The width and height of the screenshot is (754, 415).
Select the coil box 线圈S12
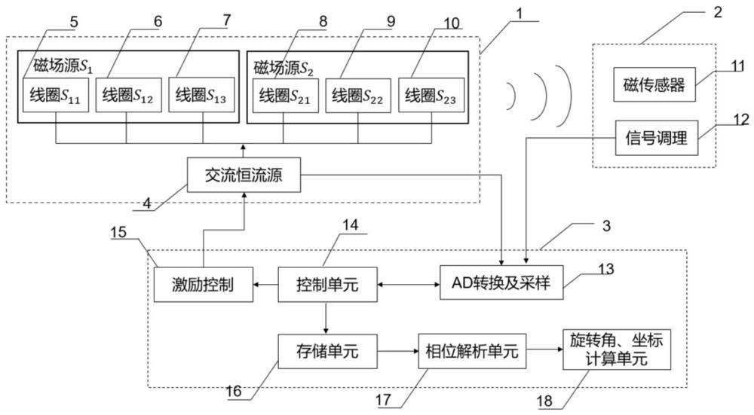point(127,96)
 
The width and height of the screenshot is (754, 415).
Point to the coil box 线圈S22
point(358,96)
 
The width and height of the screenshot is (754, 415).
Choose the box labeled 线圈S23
point(431,96)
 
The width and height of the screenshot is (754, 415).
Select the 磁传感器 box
point(654,86)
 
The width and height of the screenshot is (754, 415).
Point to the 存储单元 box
point(326,351)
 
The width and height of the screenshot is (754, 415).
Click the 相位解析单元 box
point(472,351)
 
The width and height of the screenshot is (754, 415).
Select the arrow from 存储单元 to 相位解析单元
point(397,351)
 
